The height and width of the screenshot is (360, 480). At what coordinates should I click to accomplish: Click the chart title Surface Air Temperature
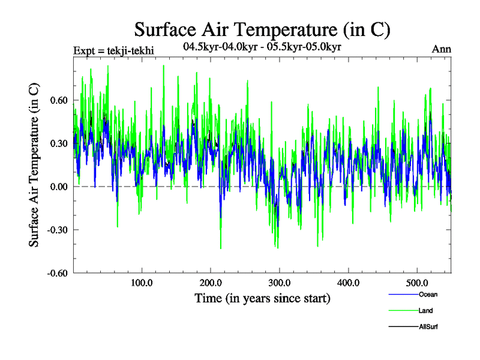[262, 29]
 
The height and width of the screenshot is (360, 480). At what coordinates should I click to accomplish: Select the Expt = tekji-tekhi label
[113, 50]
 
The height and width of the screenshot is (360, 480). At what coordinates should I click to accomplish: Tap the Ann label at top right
[442, 49]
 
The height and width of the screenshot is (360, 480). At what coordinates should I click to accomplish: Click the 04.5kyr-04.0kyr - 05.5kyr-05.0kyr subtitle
[262, 47]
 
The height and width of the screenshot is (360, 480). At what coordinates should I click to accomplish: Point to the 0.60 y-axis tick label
[58, 100]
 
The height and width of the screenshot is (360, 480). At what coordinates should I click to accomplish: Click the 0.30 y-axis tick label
[58, 143]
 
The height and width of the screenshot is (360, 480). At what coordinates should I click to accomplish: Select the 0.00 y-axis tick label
[58, 187]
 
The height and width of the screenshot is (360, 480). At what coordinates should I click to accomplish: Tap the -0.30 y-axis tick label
[56, 230]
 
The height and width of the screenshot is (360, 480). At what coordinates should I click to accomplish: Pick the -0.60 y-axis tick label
[56, 273]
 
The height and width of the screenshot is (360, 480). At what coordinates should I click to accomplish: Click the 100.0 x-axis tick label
[142, 283]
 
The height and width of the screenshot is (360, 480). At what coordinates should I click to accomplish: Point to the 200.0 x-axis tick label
[211, 283]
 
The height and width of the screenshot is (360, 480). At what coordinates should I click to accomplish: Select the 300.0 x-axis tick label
[280, 283]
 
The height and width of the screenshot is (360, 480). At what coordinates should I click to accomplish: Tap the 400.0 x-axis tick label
[348, 283]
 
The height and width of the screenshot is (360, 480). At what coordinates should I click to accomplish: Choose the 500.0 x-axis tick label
[417, 283]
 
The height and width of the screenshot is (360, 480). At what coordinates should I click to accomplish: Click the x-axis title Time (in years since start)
[262, 298]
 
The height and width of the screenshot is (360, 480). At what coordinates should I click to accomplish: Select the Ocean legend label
[428, 294]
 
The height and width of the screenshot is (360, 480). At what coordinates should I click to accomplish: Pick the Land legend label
[426, 310]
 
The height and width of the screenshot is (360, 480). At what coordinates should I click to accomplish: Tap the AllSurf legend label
[428, 327]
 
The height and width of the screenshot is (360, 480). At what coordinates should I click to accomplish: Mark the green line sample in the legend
[403, 311]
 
